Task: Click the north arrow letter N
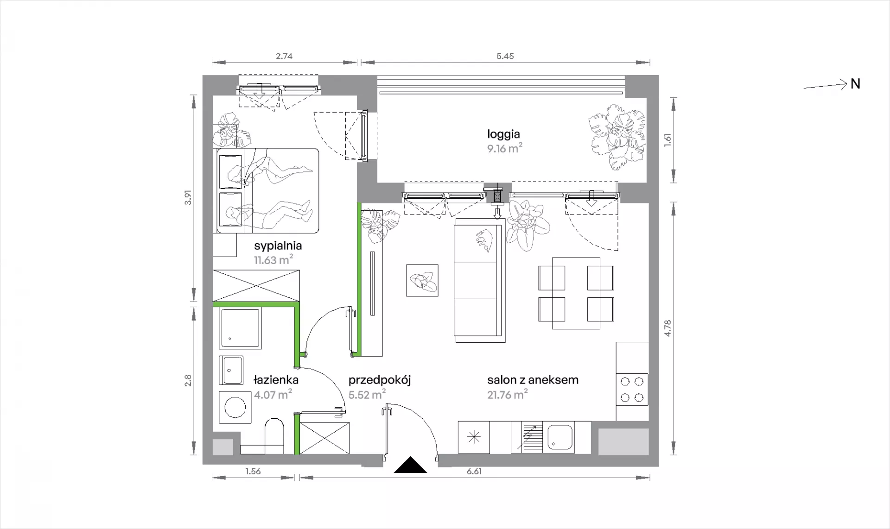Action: pos(855,84)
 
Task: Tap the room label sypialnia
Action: pos(278,246)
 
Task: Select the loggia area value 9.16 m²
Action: pos(504,149)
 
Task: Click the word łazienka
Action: pos(276,380)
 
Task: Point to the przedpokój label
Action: pos(380,381)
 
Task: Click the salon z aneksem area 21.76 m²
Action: pos(508,395)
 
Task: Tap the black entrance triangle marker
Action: pos(410,465)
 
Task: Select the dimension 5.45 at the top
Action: pos(505,56)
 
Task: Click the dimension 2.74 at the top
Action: pos(284,56)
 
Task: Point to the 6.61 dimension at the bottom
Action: pos(474,472)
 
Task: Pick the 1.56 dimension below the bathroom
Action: pos(253,472)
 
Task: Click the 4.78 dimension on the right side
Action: pos(667,328)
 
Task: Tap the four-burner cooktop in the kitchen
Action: pos(632,390)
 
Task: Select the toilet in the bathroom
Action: pos(273,436)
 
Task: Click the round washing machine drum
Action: pos(235,407)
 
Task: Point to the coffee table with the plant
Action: pos(422,280)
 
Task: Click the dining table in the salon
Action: pos(576,293)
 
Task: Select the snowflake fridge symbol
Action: pos(474,437)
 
